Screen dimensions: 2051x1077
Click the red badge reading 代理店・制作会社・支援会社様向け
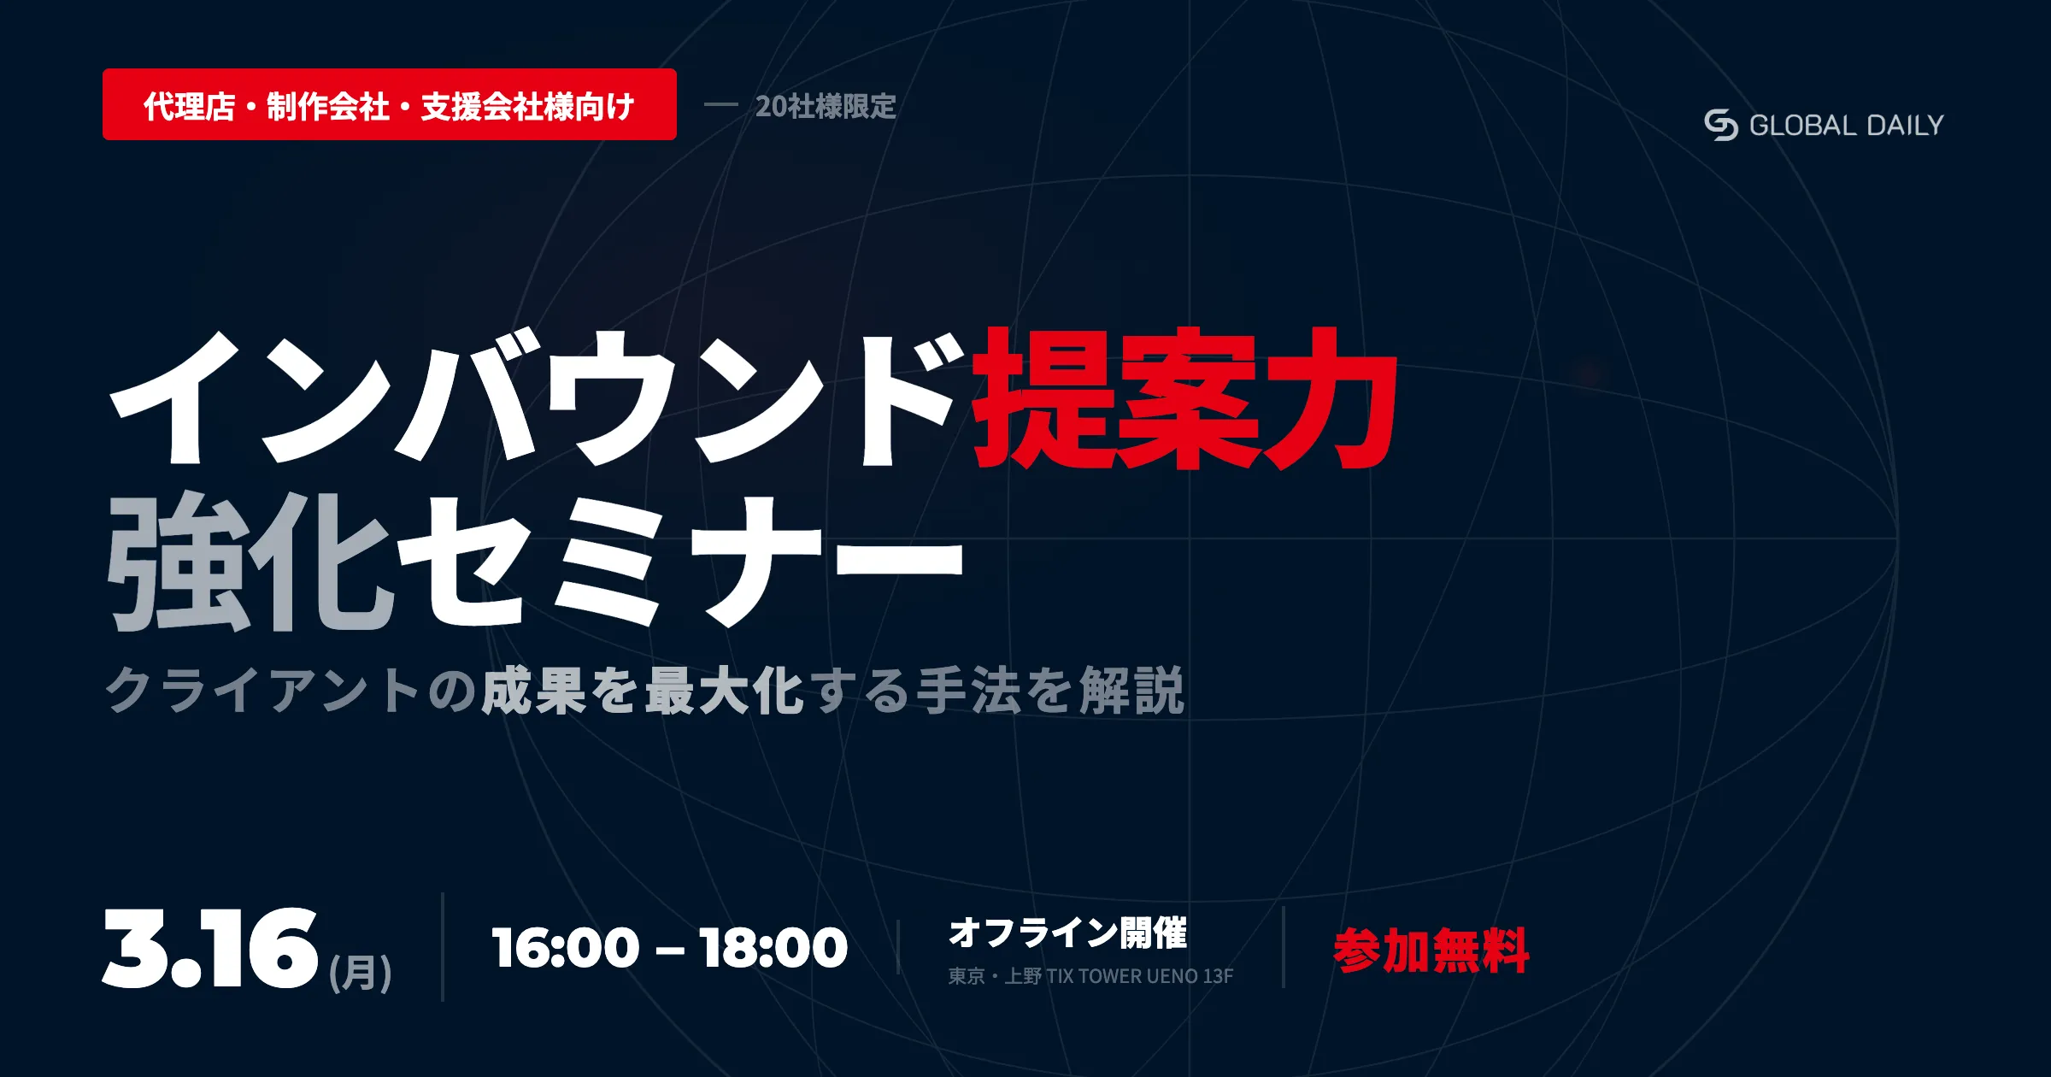point(390,104)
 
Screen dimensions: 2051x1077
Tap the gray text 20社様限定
point(826,106)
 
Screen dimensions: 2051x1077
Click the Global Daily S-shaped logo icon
point(1721,125)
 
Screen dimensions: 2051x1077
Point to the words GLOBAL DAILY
point(1847,126)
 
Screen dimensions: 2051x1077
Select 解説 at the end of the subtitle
point(1132,690)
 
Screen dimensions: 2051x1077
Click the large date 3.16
point(210,949)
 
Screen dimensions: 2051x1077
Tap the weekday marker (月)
point(361,973)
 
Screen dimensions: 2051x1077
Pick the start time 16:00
point(566,948)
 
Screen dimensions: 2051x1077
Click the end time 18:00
point(773,948)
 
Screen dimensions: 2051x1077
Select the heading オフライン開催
point(1068,933)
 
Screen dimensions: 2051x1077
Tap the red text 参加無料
point(1431,950)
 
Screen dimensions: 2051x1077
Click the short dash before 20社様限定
point(720,105)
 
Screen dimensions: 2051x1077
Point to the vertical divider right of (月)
point(443,947)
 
